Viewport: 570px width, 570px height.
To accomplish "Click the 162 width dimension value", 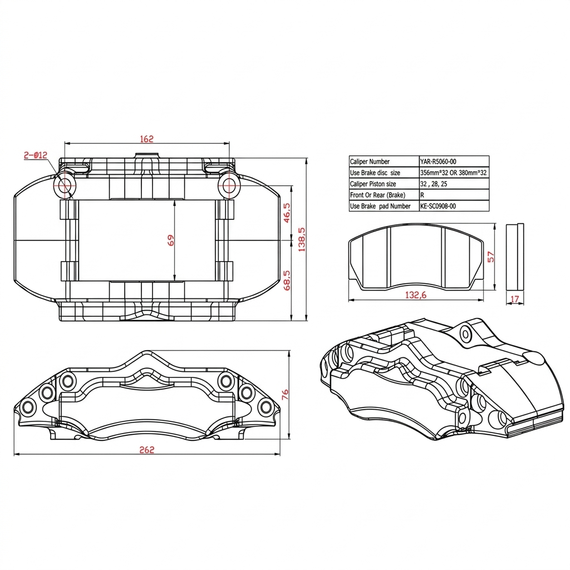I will (x=146, y=139).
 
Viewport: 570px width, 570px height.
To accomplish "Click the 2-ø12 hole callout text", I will (x=36, y=155).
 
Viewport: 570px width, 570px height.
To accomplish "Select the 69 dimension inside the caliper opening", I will (x=171, y=240).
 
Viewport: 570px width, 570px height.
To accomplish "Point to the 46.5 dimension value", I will (x=287, y=213).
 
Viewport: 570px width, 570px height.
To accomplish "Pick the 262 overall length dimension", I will (x=146, y=450).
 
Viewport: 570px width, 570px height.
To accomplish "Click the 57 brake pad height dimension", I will (x=490, y=257).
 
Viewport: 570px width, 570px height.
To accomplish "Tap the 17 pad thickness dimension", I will (x=515, y=299).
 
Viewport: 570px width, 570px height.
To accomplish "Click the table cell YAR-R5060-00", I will (x=438, y=161).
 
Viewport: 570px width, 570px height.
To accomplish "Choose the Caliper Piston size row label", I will (x=373, y=184).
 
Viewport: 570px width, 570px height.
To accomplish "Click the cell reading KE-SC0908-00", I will (x=438, y=206).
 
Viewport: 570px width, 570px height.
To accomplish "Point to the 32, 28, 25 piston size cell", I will (x=434, y=184).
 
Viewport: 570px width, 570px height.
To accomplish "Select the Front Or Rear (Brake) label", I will (x=377, y=195).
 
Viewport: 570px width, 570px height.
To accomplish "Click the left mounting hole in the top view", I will (x=64, y=185).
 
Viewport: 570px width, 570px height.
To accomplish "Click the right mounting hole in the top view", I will (x=228, y=185).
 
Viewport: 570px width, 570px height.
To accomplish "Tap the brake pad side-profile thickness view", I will (x=515, y=257).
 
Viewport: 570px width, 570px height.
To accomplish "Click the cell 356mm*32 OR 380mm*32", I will (x=453, y=173).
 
